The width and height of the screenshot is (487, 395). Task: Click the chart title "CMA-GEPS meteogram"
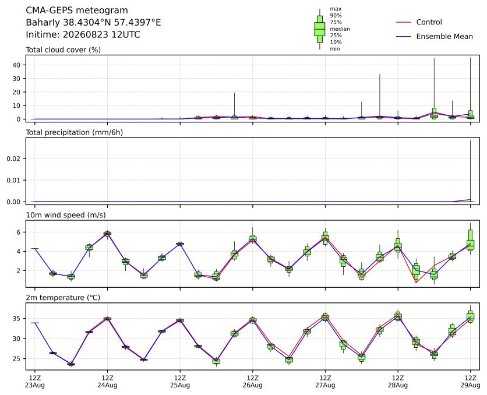click(x=77, y=10)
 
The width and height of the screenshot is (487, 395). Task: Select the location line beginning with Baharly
click(x=93, y=22)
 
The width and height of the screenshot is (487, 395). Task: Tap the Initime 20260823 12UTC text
click(x=83, y=34)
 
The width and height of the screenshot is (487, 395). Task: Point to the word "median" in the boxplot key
click(x=340, y=29)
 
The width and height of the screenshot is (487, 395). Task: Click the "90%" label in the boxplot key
click(x=336, y=16)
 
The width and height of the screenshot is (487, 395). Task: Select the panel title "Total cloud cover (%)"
click(x=63, y=50)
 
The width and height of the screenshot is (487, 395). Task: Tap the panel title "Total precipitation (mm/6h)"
click(x=74, y=133)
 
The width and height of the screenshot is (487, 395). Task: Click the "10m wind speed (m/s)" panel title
click(x=65, y=215)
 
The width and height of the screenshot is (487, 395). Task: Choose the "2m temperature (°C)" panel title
click(x=63, y=298)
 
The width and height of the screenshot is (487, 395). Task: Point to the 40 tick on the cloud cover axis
click(x=17, y=65)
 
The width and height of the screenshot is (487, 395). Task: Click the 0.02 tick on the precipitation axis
click(x=13, y=158)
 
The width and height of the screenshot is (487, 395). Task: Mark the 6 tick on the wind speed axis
click(x=18, y=232)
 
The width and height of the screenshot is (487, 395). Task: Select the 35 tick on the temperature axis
click(x=17, y=319)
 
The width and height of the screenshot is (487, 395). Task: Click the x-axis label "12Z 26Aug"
click(x=252, y=382)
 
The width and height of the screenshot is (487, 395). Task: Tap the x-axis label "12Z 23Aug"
click(x=35, y=382)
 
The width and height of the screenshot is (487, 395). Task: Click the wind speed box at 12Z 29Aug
click(x=470, y=240)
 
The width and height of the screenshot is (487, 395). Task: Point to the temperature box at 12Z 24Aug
click(x=107, y=319)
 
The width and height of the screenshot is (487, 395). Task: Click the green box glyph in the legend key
click(x=320, y=29)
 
